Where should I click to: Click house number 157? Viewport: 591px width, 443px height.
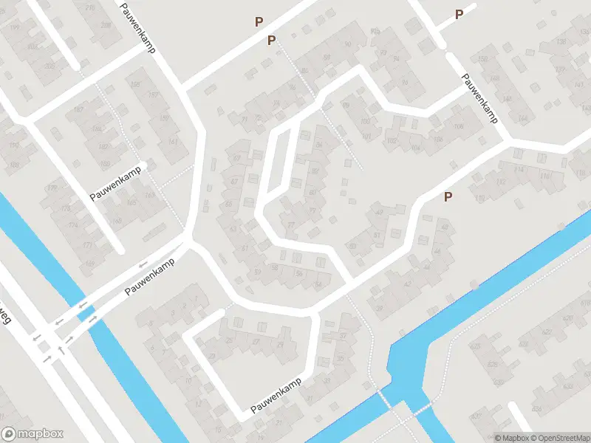click(154, 96)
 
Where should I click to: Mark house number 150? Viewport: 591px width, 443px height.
click(483, 59)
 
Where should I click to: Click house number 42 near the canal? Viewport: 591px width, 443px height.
click(407, 284)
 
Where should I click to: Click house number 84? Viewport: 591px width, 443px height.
click(319, 145)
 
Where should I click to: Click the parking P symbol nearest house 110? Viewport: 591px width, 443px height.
click(447, 197)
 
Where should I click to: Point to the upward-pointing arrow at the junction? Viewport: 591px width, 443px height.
click(61, 348)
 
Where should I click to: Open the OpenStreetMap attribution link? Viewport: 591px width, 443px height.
click(561, 438)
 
